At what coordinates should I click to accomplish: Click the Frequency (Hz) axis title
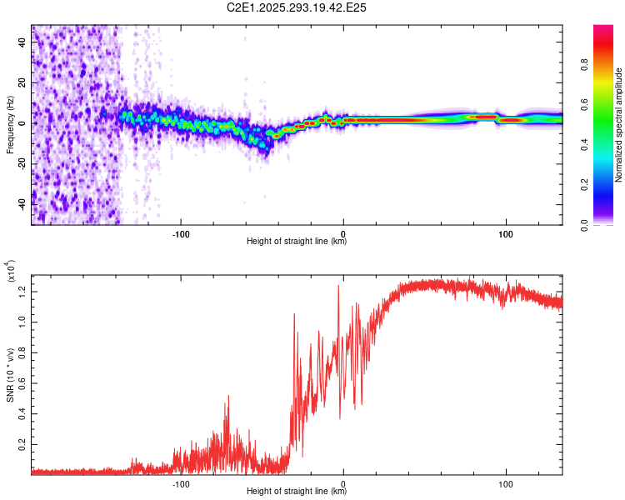(x=10, y=125)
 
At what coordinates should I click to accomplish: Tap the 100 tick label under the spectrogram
(x=505, y=232)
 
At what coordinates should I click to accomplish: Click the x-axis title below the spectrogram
(x=297, y=242)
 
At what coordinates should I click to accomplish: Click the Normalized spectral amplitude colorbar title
(x=619, y=125)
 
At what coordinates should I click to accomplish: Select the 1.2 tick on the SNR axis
(x=22, y=290)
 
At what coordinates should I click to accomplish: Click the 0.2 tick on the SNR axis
(x=22, y=444)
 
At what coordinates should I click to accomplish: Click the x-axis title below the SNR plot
(x=297, y=492)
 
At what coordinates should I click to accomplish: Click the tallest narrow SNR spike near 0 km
(x=338, y=286)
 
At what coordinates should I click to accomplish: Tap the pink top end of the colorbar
(x=603, y=28)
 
